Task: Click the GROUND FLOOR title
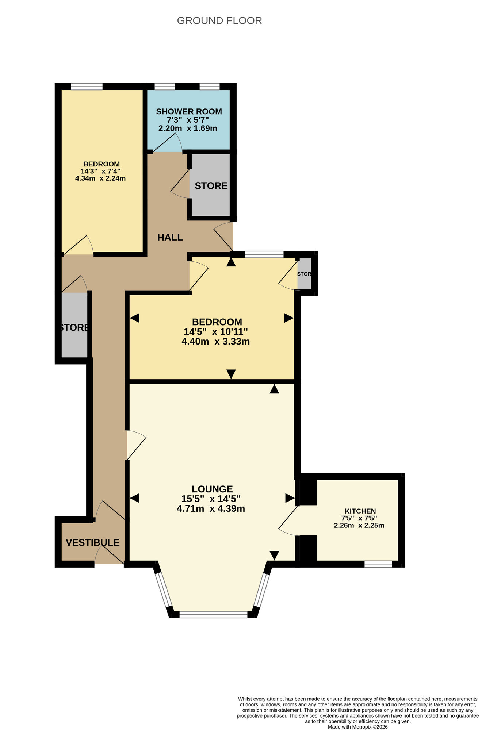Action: (x=219, y=21)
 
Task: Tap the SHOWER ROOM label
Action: (x=189, y=112)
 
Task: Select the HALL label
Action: (x=170, y=238)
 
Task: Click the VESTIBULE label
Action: (x=93, y=543)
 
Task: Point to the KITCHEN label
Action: (x=360, y=511)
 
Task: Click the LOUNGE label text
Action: (x=212, y=489)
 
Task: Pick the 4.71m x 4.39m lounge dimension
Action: (x=211, y=509)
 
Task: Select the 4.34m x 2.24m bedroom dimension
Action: (x=100, y=179)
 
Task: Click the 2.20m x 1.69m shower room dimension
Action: (x=188, y=128)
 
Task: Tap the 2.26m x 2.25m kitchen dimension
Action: (x=359, y=526)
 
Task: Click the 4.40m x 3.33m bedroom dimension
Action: (x=215, y=342)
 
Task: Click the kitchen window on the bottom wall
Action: (x=378, y=564)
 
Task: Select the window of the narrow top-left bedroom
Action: (x=87, y=87)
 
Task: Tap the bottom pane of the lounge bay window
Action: (x=213, y=615)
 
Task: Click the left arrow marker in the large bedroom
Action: (x=135, y=318)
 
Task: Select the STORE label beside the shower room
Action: (x=211, y=186)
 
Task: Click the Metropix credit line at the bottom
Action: (x=357, y=727)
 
